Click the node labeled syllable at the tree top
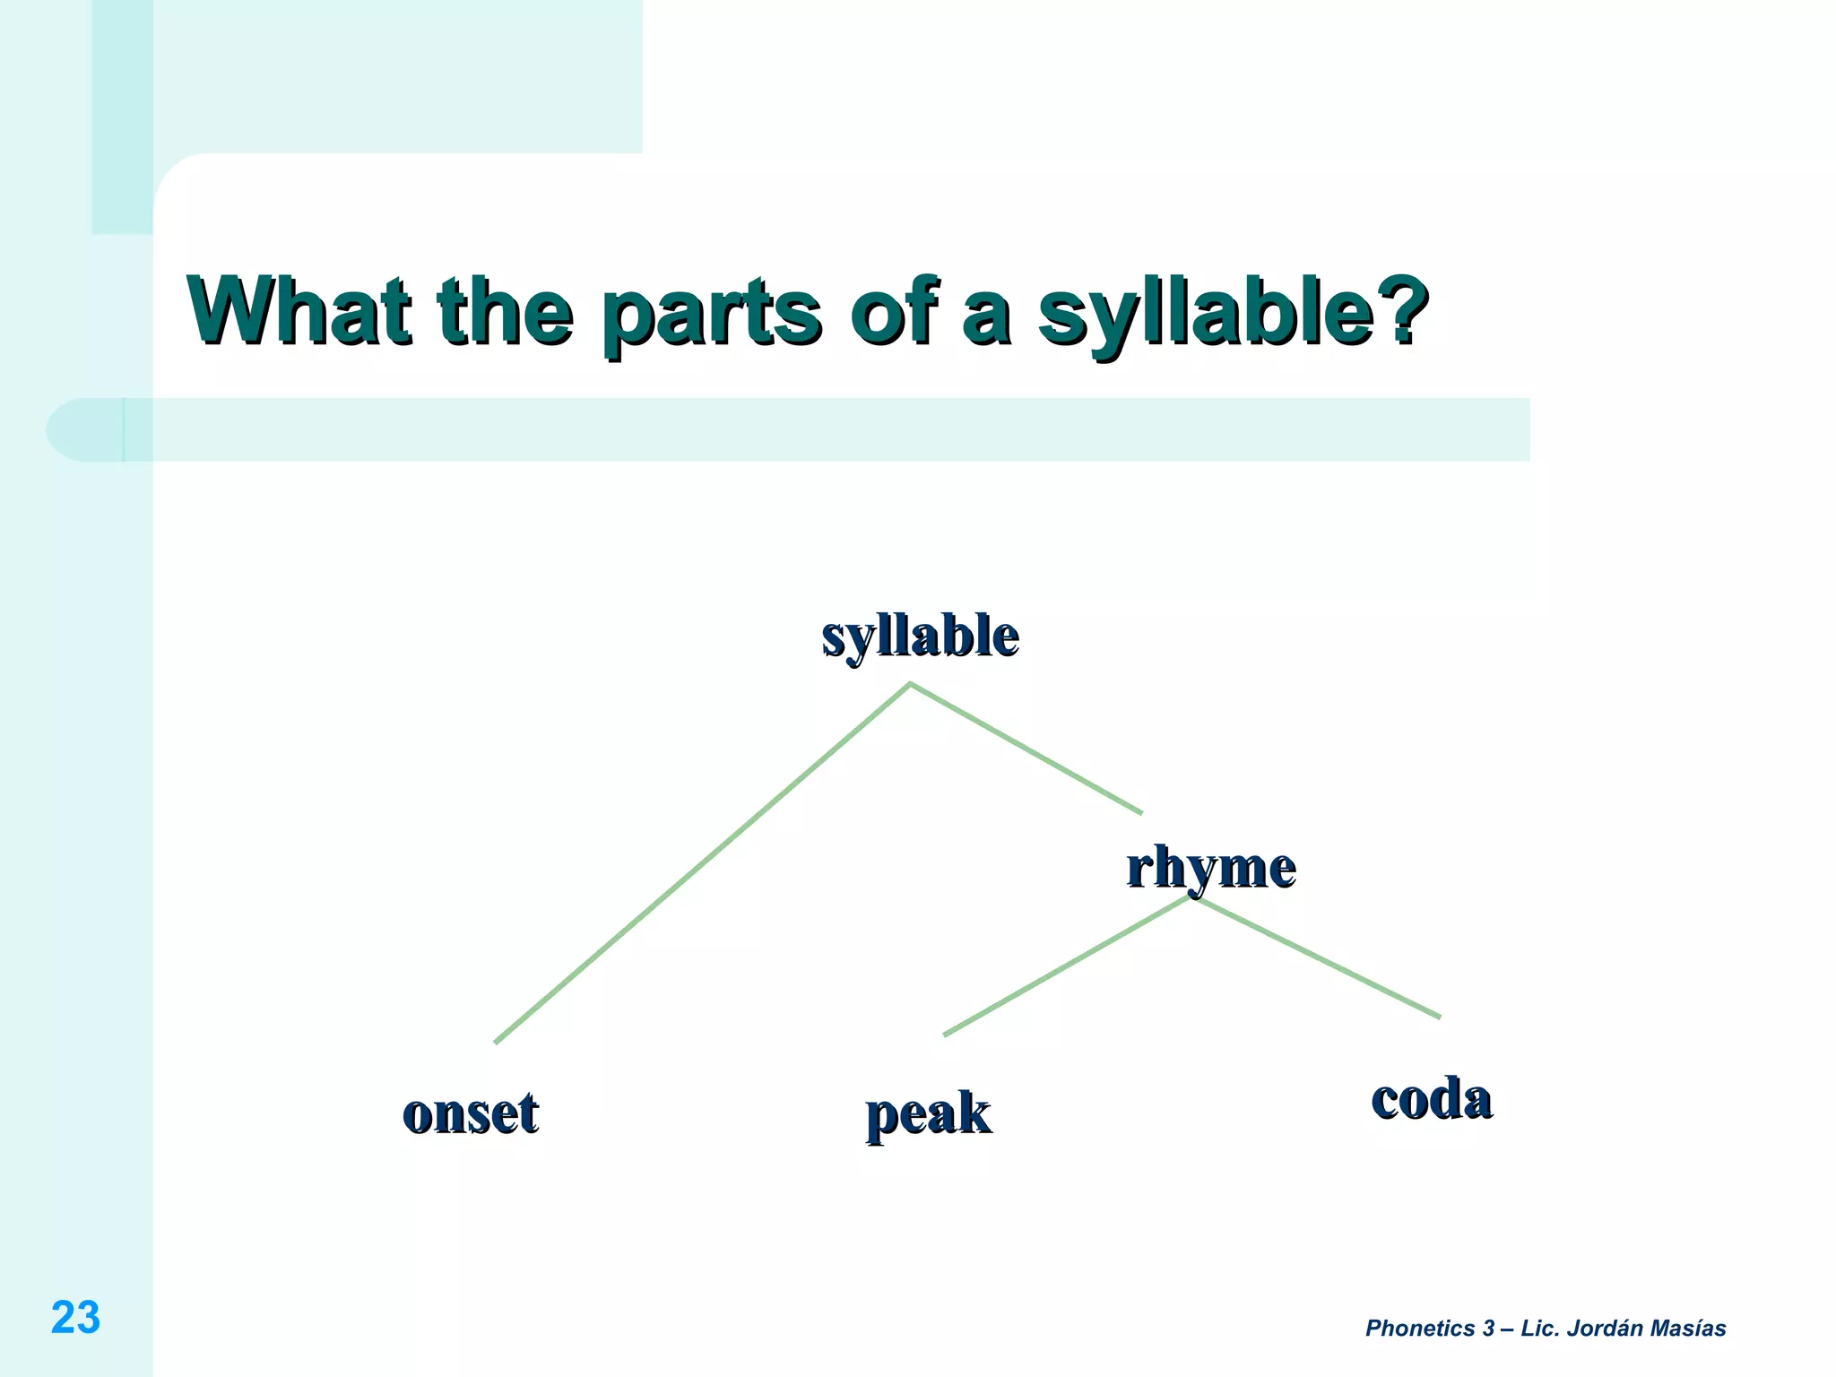[920, 637]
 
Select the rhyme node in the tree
[1210, 868]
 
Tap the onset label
[471, 1113]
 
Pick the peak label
[928, 1114]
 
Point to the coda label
[1431, 1098]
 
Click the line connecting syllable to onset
[703, 863]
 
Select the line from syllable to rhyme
[1026, 749]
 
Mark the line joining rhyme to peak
[1067, 966]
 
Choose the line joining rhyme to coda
[1316, 957]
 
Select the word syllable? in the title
[1232, 314]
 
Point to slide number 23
[75, 1317]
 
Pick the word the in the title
[505, 311]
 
